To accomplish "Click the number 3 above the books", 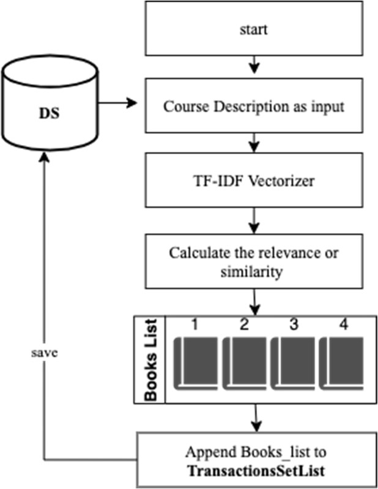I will (x=293, y=326).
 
